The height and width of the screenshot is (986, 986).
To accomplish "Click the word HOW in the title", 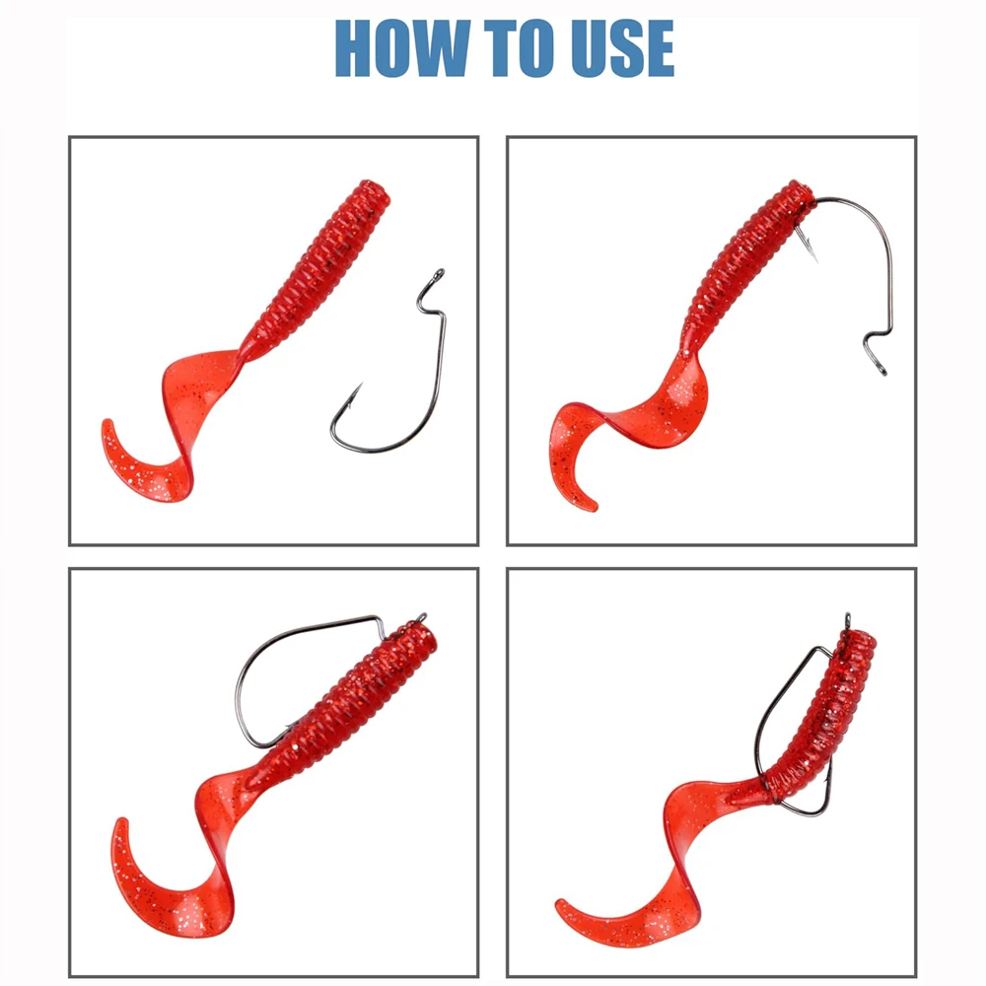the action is pos(402,48).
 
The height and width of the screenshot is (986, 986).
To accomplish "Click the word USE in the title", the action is pos(622,48).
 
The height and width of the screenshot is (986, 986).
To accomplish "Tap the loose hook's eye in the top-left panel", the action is pos(438,275).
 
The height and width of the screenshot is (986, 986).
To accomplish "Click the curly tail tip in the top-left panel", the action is pos(107,423).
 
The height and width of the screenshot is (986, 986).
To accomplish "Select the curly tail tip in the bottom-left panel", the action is pos(120,822).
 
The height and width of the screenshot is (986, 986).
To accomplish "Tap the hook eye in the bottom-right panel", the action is pos(848,619).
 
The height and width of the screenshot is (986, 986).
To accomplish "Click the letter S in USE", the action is pos(623,48).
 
